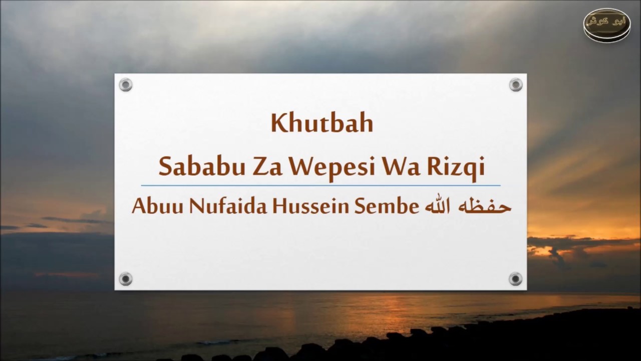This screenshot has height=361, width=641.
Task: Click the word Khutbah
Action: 322,124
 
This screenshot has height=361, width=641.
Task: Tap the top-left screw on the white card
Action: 125,85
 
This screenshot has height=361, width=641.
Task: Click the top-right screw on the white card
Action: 516,85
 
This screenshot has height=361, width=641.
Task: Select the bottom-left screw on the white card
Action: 125,279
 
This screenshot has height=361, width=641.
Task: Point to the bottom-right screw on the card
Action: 516,279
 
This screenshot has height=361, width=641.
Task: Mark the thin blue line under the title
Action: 320,186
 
